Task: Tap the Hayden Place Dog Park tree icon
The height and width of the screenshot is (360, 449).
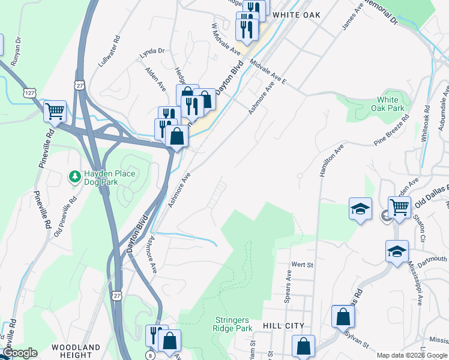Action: (74, 177)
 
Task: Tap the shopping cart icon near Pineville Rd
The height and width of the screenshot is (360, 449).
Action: (54, 110)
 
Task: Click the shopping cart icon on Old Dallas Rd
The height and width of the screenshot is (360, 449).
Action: (399, 207)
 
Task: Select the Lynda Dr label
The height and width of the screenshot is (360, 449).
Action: (151, 52)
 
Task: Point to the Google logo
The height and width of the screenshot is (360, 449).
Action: (19, 353)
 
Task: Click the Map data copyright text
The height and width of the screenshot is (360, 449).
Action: (411, 355)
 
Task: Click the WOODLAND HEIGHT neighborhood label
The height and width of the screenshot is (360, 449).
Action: (76, 352)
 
